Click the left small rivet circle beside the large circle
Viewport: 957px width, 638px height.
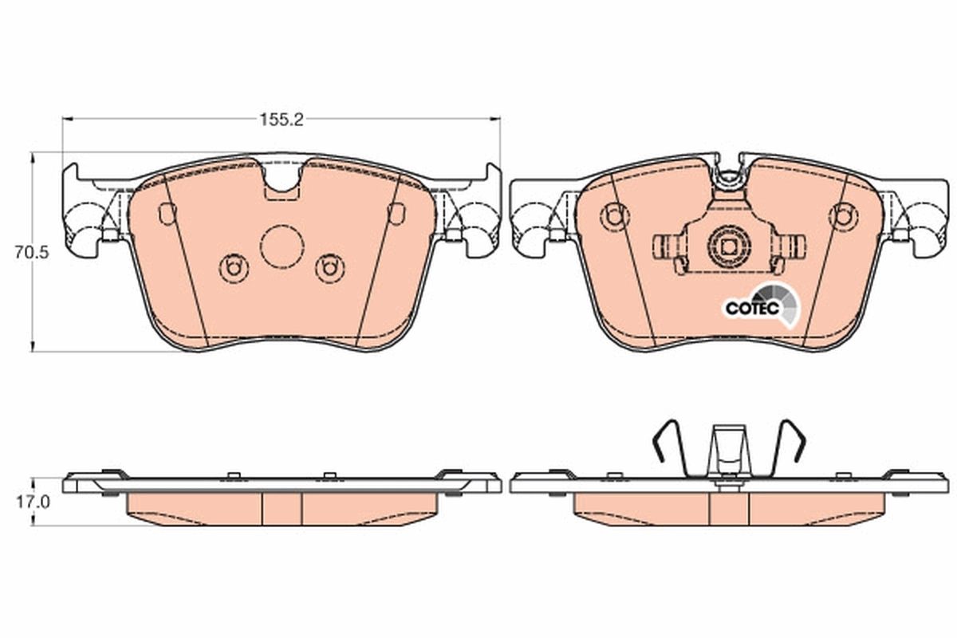232,267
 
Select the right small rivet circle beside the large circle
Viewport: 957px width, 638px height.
329,267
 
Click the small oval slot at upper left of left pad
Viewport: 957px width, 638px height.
167,214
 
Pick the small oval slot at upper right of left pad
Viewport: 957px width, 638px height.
395,214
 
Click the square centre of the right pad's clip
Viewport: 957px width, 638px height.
729,246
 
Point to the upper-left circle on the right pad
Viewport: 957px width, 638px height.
612,215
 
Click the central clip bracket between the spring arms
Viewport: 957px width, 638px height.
729,451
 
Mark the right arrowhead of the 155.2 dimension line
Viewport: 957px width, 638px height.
495,120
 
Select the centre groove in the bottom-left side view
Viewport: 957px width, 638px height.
282,507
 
